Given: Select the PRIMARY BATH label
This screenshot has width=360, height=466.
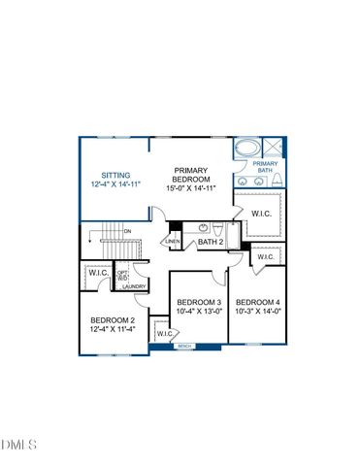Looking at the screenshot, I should (266, 166).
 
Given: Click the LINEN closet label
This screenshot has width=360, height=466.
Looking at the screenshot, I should (173, 242).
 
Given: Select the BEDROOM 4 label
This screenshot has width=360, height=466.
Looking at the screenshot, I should (257, 301).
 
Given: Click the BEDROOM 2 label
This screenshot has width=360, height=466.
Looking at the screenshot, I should (113, 320).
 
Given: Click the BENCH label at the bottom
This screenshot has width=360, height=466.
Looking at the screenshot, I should (184, 346).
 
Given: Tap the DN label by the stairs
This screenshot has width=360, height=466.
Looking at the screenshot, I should (127, 231).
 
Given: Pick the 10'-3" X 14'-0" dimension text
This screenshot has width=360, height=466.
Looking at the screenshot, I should (257, 311).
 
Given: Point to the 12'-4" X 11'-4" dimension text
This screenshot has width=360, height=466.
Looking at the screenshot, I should (113, 330).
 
